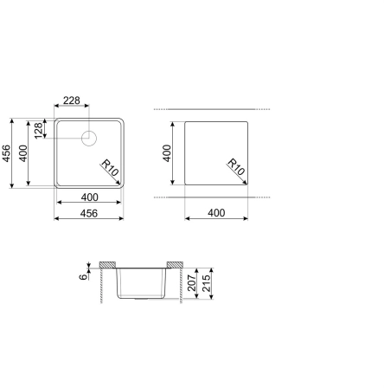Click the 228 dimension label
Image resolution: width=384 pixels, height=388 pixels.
[x=72, y=100]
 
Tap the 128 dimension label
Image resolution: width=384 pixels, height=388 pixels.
[x=38, y=131]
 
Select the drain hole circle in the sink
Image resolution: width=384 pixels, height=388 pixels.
[x=89, y=139]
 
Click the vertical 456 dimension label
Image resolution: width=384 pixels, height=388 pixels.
[x=6, y=153]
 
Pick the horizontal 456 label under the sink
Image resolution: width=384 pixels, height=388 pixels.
[x=89, y=213]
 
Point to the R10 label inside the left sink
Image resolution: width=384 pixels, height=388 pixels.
[x=110, y=168]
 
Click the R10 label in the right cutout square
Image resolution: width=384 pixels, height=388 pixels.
[x=236, y=167]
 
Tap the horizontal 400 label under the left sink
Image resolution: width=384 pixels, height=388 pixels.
[x=90, y=197]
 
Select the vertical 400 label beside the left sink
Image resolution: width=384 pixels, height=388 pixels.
[x=22, y=153]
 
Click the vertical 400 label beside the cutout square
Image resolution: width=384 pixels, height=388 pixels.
[x=167, y=153]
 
